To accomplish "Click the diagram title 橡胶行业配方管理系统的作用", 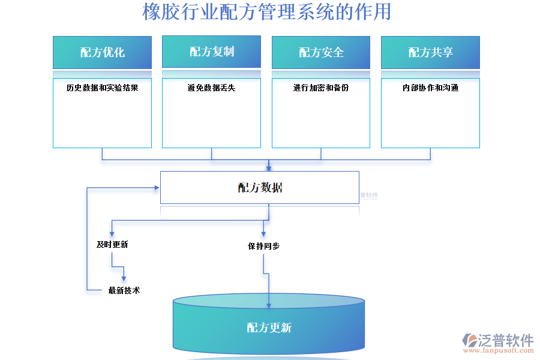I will pos(266,11).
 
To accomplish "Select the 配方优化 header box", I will pos(102,52).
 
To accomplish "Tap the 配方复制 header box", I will pos(211,52).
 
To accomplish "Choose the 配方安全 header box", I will pos(321,52).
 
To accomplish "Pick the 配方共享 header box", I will pos(430,52).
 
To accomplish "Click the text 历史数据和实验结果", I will pos(102,88).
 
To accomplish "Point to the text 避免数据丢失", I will pos(211,88).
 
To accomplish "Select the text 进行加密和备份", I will pos(321,88).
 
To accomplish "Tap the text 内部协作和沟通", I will pos(430,88).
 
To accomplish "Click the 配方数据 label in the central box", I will pos(260,188).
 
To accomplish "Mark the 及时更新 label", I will pos(112,244).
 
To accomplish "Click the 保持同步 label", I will pos(263,246).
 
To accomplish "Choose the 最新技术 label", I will pos(124,290).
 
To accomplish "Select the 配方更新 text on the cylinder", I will pos(269,328).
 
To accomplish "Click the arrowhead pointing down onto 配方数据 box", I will pos(269,168).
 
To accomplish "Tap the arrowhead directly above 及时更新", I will pos(112,233).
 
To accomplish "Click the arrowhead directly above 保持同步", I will pos(263,233).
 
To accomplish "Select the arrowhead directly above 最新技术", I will pos(124,278).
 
